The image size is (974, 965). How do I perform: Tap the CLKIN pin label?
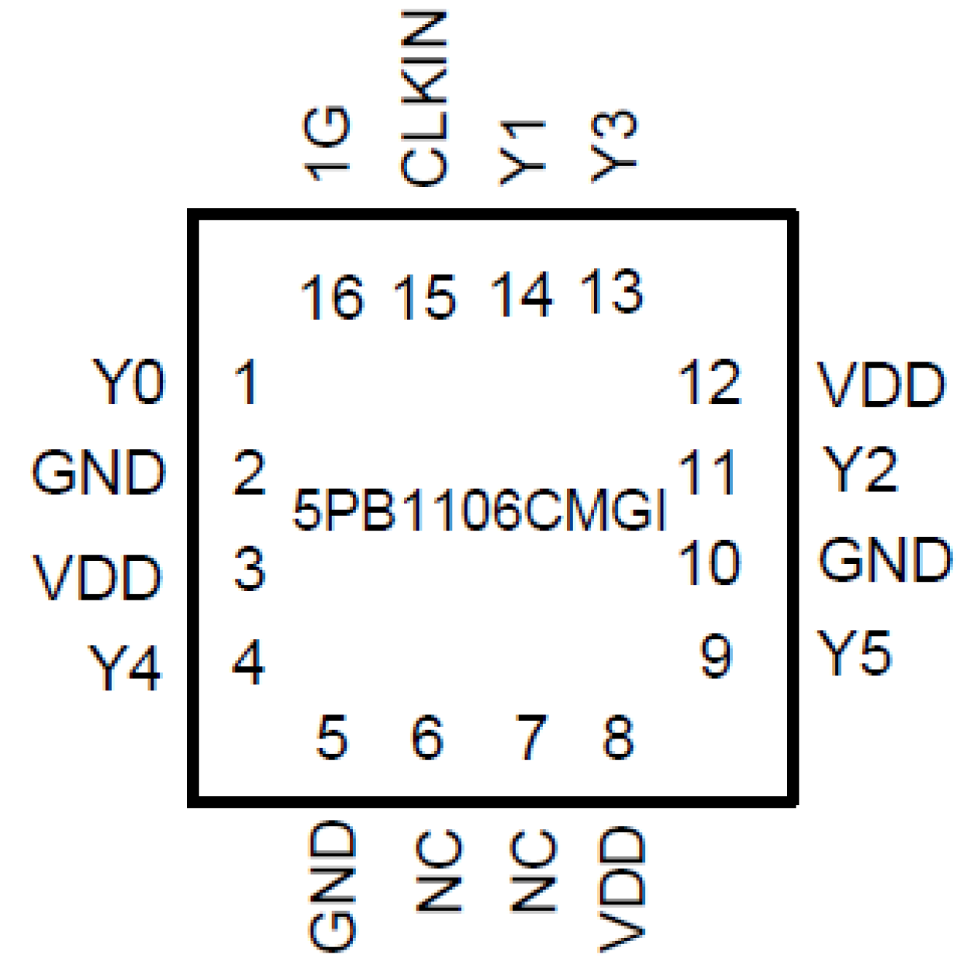[x=425, y=99]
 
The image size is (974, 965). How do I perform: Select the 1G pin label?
[x=327, y=144]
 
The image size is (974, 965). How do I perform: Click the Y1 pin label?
[x=521, y=153]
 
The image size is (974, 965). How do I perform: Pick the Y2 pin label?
[x=859, y=469]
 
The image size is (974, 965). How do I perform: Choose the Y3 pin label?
[x=614, y=147]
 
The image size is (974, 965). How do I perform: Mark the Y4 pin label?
[x=125, y=667]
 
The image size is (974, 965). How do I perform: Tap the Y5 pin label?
[x=855, y=653]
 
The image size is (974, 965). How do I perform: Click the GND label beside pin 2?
[x=99, y=473]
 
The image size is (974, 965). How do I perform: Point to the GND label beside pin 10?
[x=885, y=560]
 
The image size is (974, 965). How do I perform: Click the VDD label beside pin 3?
[x=98, y=578]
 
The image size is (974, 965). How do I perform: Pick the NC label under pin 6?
[x=439, y=870]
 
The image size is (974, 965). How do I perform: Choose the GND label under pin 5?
[x=333, y=886]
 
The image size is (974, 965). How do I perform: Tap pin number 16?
[x=332, y=298]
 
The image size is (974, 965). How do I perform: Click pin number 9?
[x=715, y=657]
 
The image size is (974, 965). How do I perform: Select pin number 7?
[x=531, y=737]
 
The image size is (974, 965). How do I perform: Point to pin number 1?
[x=247, y=382]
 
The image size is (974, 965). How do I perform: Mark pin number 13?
[x=612, y=292]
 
